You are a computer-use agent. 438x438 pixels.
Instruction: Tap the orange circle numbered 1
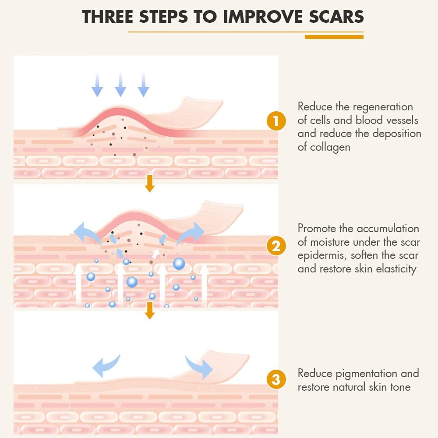tap(276, 121)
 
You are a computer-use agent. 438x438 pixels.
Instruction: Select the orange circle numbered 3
tap(276, 379)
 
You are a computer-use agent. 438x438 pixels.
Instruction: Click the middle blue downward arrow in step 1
tap(120, 85)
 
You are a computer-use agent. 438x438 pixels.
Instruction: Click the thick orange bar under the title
tap(334, 37)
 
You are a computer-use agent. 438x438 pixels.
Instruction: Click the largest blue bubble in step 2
tap(179, 263)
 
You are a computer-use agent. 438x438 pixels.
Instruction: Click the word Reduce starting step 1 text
tap(314, 107)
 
